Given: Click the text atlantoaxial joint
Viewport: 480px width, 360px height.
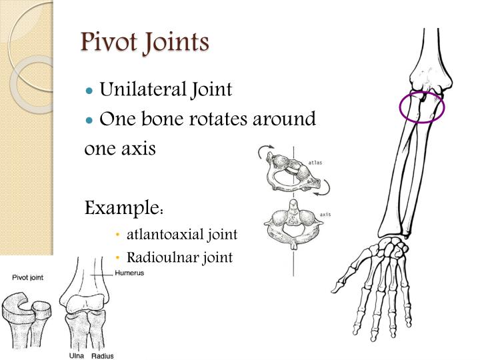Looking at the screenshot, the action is pos(181,235).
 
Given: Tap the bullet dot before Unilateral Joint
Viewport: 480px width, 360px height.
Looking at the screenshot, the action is pos(89,90).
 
